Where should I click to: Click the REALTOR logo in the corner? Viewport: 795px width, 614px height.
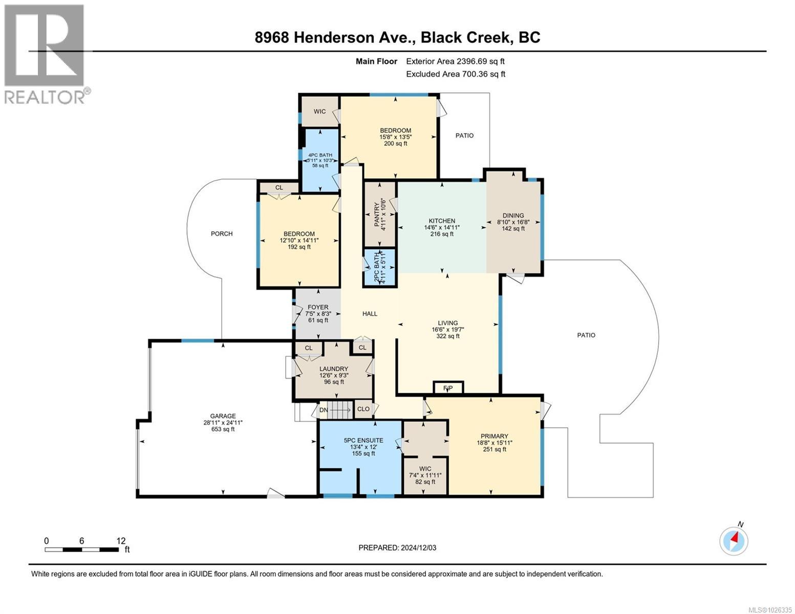click(45, 54)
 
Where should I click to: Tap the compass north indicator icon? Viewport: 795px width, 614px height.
click(734, 540)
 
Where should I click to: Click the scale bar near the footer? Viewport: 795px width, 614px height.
click(81, 550)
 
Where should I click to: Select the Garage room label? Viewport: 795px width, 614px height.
click(223, 416)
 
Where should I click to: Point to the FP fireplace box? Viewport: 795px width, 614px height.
click(448, 388)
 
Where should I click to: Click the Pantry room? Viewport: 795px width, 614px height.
click(379, 215)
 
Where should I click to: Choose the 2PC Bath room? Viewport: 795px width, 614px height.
click(379, 267)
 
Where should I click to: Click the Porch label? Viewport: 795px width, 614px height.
click(222, 234)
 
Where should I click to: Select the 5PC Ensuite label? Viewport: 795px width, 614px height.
click(359, 439)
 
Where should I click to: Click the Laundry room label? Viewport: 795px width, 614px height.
click(334, 369)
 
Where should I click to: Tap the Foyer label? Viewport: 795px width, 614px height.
click(318, 308)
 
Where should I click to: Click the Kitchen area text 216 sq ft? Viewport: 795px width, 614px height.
click(442, 234)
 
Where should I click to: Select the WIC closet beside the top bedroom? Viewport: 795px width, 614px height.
click(319, 112)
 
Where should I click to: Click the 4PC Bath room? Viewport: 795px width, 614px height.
click(320, 160)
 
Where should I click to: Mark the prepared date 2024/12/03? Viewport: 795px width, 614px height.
click(397, 547)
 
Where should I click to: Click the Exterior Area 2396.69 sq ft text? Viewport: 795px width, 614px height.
click(459, 61)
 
